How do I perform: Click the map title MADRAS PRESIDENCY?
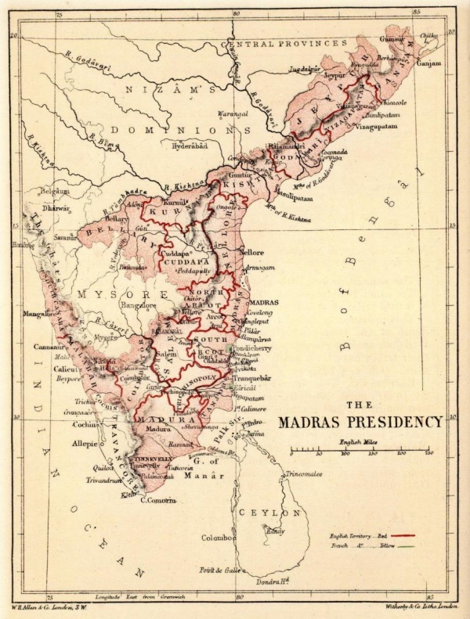(x=360, y=422)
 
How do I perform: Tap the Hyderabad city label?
(x=190, y=146)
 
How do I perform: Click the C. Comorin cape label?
(x=157, y=500)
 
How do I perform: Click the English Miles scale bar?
(x=361, y=452)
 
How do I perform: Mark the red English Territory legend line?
(x=401, y=534)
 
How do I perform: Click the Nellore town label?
(x=251, y=253)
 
